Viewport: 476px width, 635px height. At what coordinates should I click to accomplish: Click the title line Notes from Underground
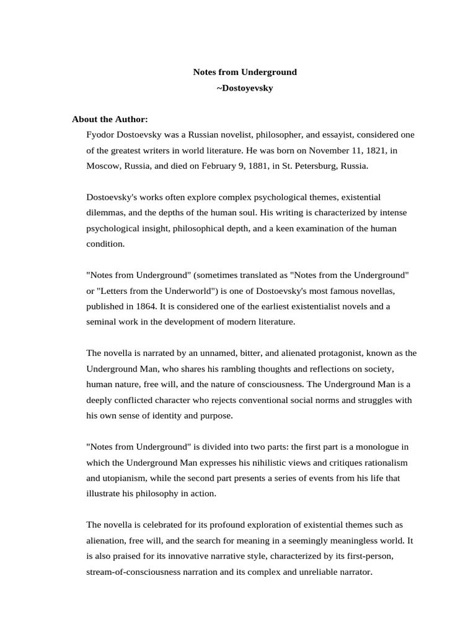click(x=245, y=72)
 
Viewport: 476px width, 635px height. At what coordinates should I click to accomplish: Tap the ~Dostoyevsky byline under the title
click(x=245, y=88)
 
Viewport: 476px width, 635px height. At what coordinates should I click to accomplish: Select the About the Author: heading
click(x=110, y=119)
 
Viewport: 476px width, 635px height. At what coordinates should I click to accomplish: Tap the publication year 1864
click(x=144, y=306)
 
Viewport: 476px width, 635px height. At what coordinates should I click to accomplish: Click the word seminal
click(x=102, y=322)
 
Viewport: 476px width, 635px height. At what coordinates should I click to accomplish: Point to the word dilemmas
click(x=107, y=213)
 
